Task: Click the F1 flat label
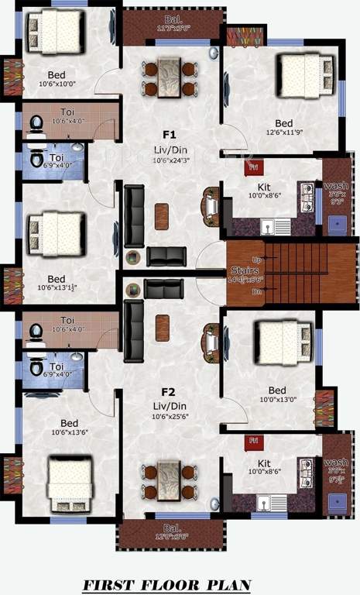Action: [170, 133]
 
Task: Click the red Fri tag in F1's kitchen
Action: [251, 166]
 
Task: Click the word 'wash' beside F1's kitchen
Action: [335, 186]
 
